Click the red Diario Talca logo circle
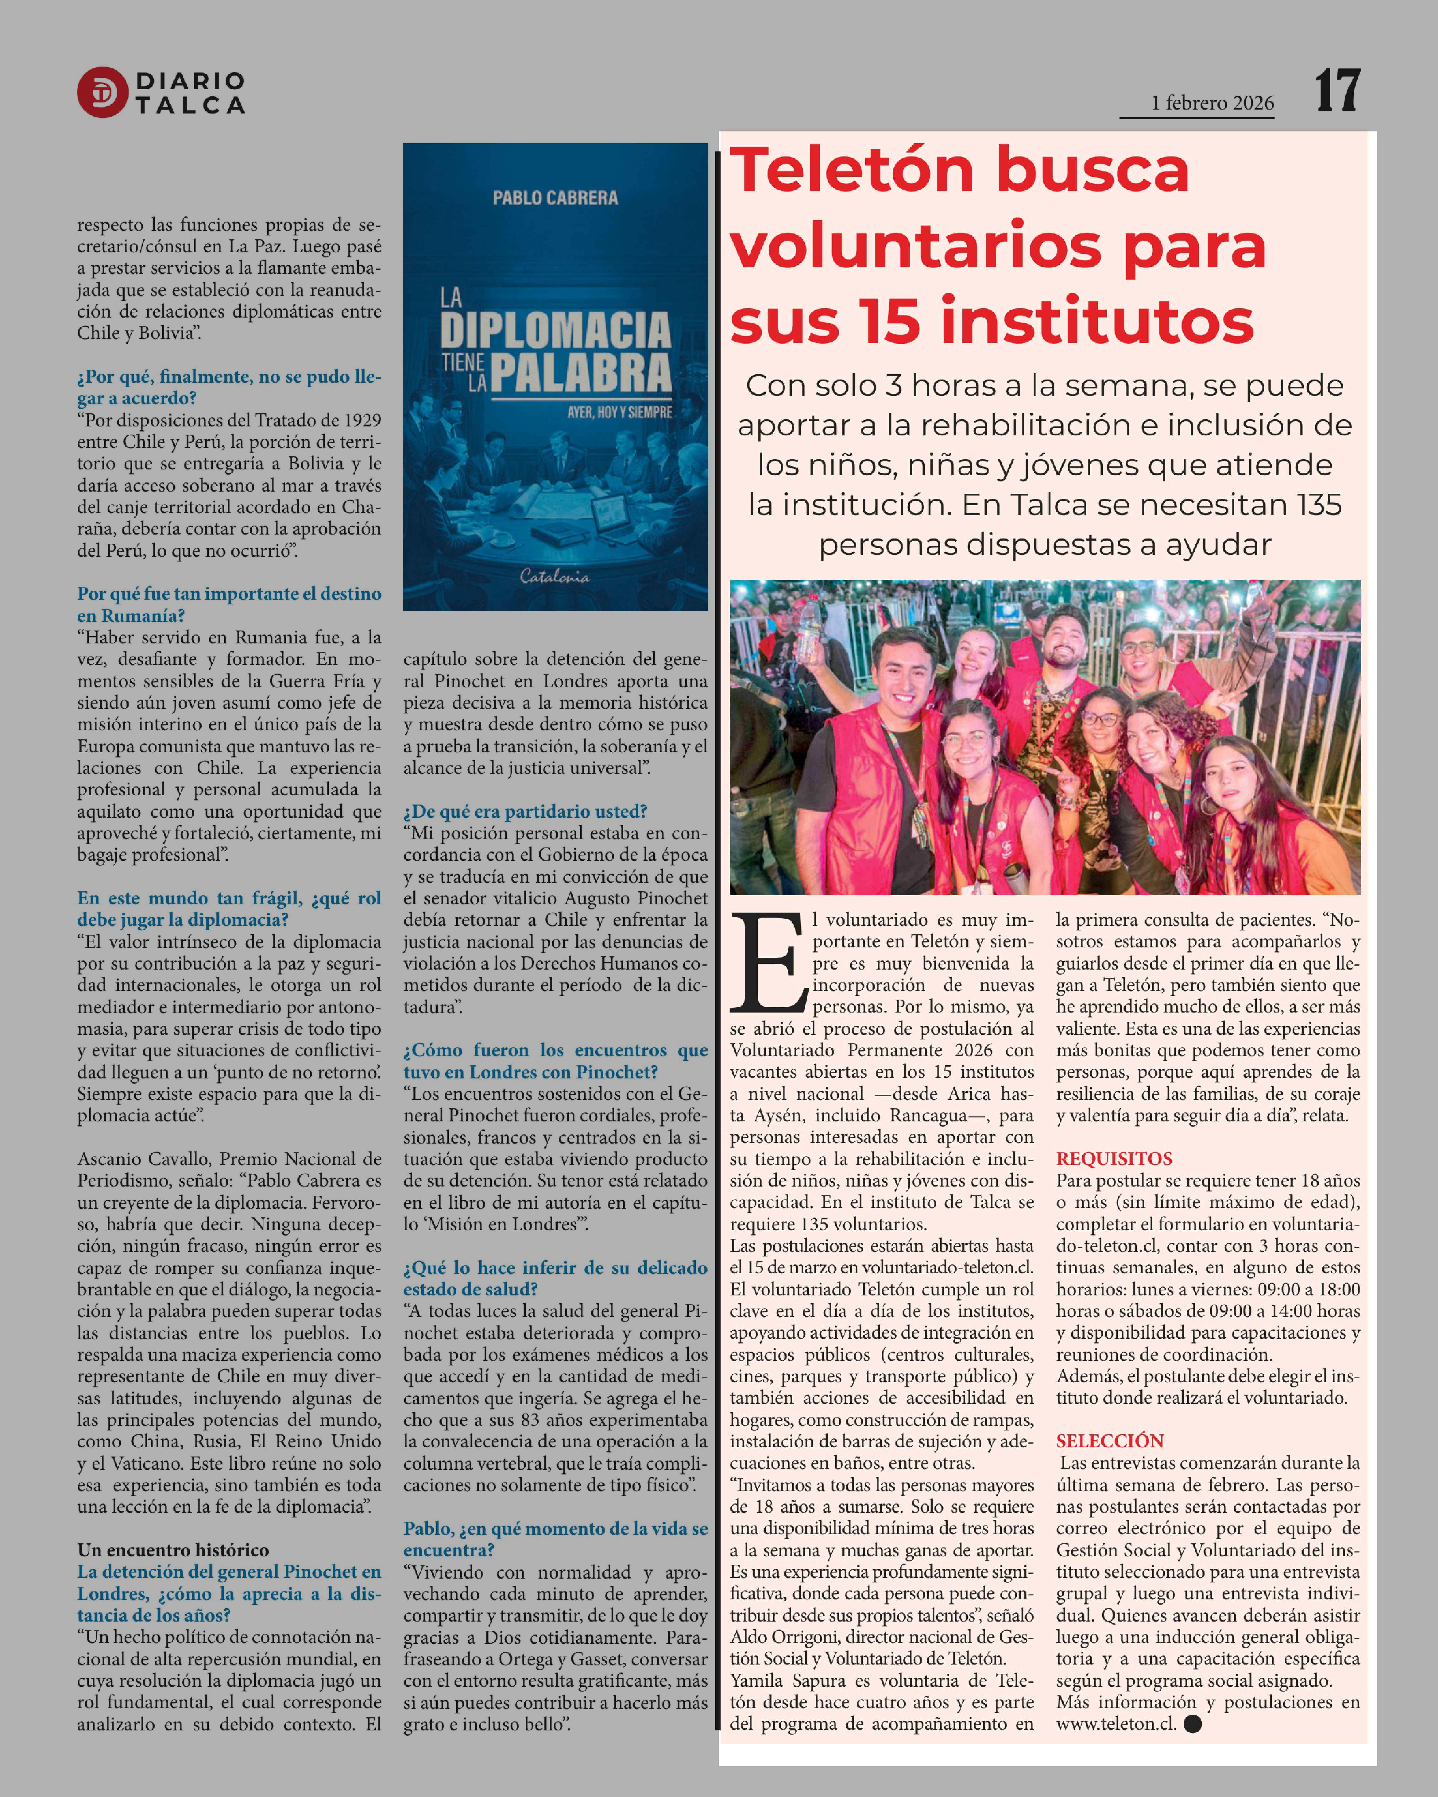(x=102, y=92)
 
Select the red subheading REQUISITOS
(x=1114, y=1159)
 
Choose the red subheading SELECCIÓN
(x=1110, y=1441)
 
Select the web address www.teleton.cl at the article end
(x=1115, y=1724)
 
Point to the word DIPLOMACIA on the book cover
(x=555, y=331)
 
